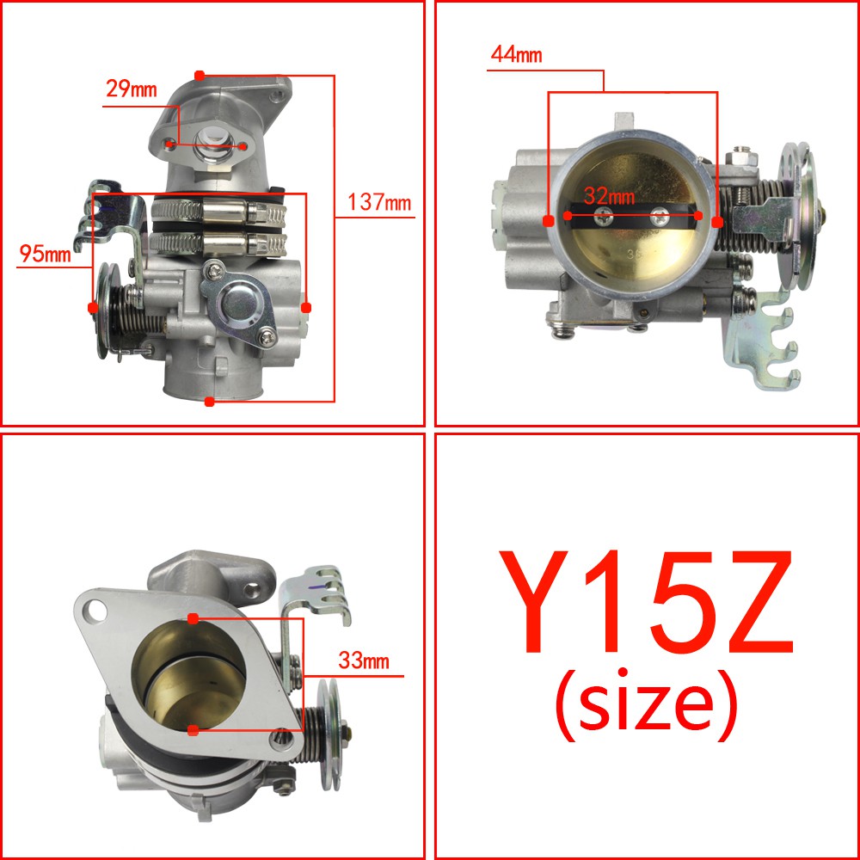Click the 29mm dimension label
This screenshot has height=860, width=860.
click(131, 89)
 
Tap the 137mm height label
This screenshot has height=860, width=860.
click(379, 202)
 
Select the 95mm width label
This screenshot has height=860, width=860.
click(45, 254)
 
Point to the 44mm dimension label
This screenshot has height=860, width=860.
click(516, 55)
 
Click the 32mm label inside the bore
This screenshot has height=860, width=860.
click(609, 196)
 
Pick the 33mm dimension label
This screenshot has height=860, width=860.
click(364, 660)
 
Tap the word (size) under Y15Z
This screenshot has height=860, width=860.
click(646, 705)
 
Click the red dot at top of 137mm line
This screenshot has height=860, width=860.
click(200, 75)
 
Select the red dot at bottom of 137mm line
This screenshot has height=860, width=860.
click(209, 402)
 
